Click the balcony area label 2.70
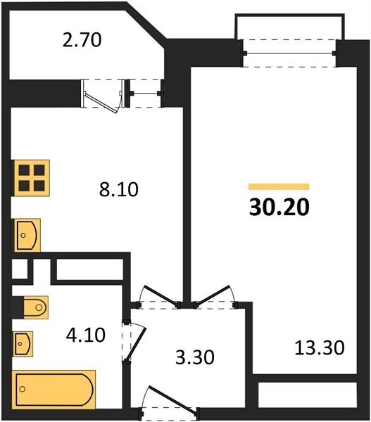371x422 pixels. pyautogui.click(x=82, y=40)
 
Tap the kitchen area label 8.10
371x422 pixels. pyautogui.click(x=118, y=189)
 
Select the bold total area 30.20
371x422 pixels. pyautogui.click(x=279, y=207)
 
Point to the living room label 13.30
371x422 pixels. pyautogui.click(x=320, y=347)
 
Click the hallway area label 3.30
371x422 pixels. pyautogui.click(x=195, y=357)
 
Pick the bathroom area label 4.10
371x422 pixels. pyautogui.click(x=86, y=335)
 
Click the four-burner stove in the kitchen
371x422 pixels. pyautogui.click(x=31, y=178)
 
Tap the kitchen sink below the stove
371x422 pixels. pyautogui.click(x=27, y=235)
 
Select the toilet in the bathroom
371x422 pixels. pyautogui.click(x=36, y=307)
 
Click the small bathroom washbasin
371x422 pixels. pyautogui.click(x=23, y=344)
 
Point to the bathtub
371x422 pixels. pyautogui.click(x=54, y=390)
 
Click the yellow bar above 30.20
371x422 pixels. pyautogui.click(x=279, y=186)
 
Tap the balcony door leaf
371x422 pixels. pyautogui.click(x=101, y=103)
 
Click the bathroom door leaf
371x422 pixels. pyautogui.click(x=137, y=344)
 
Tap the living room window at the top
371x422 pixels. pyautogui.click(x=290, y=53)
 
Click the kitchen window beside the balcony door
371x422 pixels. pyautogui.click(x=145, y=94)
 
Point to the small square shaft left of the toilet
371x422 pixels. pyautogui.click(x=20, y=269)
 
